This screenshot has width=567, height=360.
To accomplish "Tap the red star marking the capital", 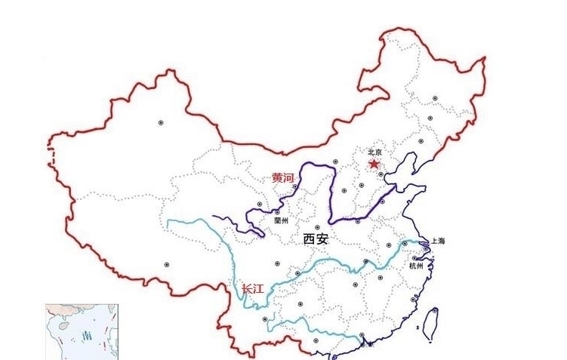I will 372,164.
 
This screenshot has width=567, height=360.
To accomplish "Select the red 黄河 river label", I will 284,178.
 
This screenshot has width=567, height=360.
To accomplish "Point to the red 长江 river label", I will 252,288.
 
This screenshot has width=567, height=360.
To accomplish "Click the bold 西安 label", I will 316,239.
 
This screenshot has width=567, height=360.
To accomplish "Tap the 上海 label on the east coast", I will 437,241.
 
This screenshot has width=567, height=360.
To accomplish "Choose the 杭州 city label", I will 417,266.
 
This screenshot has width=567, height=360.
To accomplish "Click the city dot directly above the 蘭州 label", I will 277,212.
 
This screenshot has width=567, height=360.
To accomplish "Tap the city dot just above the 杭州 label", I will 414,257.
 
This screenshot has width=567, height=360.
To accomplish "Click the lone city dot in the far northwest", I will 160,122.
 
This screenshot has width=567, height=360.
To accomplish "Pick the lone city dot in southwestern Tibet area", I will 166,264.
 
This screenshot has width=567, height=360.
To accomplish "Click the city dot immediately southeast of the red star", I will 382,174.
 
